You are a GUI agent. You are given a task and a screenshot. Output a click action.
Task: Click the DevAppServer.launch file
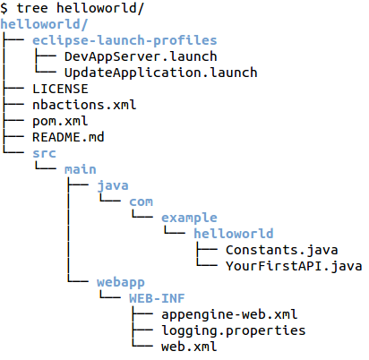click(128, 56)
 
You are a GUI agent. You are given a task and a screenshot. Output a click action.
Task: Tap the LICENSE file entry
click(60, 89)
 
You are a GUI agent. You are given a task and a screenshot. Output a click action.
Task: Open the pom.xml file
click(59, 121)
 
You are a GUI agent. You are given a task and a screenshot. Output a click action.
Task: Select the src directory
click(44, 153)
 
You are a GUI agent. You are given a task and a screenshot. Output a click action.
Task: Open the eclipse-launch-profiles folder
click(124, 40)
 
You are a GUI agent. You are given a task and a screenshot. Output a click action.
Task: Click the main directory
click(80, 169)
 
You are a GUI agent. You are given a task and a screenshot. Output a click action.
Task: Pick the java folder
click(112, 185)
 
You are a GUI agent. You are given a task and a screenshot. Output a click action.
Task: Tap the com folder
click(141, 201)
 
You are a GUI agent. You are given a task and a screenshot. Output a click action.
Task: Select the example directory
click(189, 218)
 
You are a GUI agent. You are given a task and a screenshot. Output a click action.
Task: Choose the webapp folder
click(120, 282)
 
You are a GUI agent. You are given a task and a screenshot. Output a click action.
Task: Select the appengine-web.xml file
click(229, 314)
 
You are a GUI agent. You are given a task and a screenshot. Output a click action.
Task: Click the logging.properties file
click(233, 330)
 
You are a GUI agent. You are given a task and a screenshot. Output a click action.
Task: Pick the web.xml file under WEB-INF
click(189, 347)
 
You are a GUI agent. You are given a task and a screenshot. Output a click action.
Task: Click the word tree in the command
click(33, 8)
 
